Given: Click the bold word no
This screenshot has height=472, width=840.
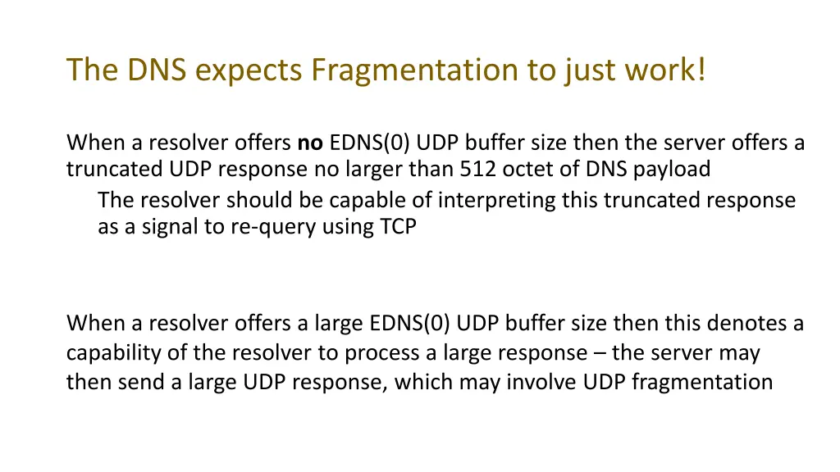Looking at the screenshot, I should coord(310,143).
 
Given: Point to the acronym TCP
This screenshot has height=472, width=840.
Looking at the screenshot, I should coord(398,226).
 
